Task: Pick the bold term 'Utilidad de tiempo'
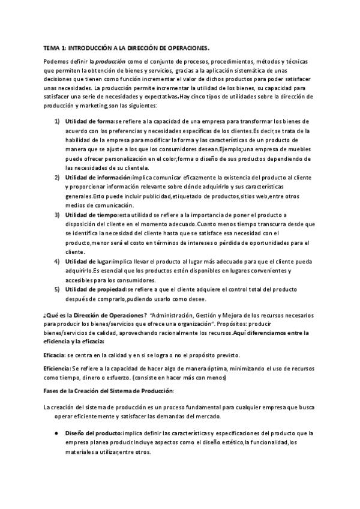tap(91, 215)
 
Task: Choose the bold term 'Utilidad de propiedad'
tap(95, 289)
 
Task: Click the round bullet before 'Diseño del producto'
tap(56, 433)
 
